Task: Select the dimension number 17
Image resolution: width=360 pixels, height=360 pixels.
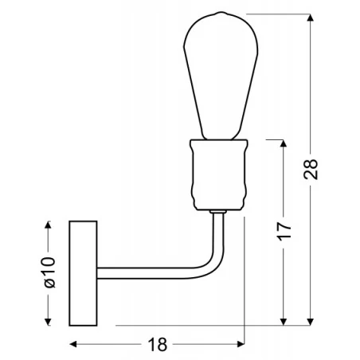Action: click(x=285, y=232)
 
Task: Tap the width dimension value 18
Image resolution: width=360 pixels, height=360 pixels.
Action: click(x=158, y=344)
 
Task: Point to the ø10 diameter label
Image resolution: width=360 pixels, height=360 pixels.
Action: click(x=47, y=272)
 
